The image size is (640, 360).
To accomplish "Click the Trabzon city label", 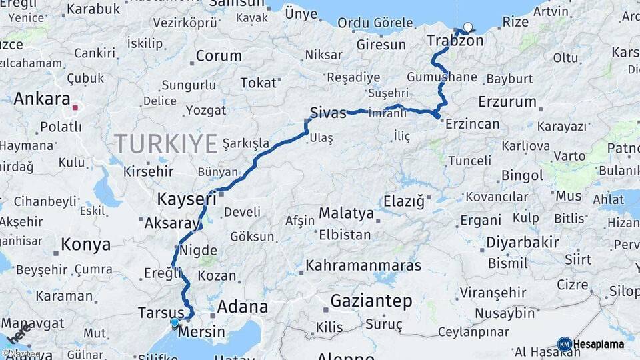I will tap(455, 41).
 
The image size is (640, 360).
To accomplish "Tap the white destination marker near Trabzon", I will tap(467, 28).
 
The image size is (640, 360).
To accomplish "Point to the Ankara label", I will tap(42, 99).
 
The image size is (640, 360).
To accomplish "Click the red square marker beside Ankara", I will tap(76, 107).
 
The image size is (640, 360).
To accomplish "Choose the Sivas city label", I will tap(328, 113).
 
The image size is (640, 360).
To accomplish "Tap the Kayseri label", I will tap(187, 199).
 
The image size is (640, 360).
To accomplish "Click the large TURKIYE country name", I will tap(166, 143).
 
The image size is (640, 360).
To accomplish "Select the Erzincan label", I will tap(472, 124).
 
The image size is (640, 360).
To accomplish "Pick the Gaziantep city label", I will tap(371, 301).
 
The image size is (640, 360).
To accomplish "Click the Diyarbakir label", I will tap(522, 242).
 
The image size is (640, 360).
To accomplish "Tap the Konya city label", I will tap(85, 245).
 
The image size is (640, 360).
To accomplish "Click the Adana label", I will tap(243, 307).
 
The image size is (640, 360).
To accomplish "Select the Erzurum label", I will tap(507, 102).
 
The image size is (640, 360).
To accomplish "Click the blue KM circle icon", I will tap(564, 344).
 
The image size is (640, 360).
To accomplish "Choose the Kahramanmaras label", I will tap(363, 265).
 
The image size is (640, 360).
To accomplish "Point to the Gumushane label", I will tap(441, 77).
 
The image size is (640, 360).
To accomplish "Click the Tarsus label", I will tap(161, 312).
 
